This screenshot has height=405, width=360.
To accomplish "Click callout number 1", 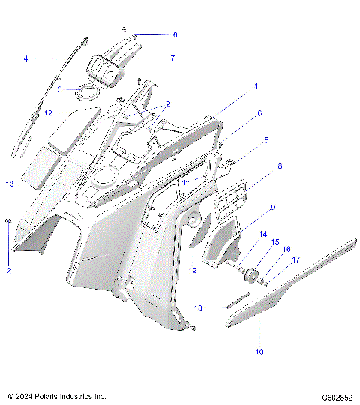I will [256, 86].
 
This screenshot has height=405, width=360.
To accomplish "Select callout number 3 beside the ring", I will [60, 89].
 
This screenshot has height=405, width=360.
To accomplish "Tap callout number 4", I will [25, 58].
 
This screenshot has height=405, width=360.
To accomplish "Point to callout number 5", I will [266, 139].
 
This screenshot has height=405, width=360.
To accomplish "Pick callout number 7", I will [172, 57].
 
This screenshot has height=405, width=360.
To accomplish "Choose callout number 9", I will [273, 207].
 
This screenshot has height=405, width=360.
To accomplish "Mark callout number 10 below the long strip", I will [259, 350].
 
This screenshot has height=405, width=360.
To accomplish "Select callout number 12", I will [47, 113].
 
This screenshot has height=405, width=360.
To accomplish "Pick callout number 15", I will [274, 242].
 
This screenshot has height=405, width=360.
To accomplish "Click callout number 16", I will [285, 250].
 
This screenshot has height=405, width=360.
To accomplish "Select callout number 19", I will [193, 270].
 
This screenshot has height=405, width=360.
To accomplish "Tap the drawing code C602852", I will [337, 396].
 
